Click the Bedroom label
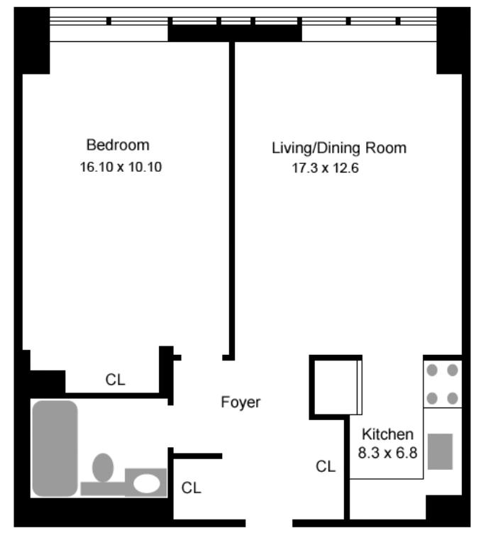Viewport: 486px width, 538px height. click(118, 145)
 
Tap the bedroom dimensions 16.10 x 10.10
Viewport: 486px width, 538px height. click(121, 167)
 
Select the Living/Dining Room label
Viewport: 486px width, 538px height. click(339, 148)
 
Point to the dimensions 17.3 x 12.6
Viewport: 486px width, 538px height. click(325, 168)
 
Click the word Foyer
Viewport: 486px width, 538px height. click(241, 402)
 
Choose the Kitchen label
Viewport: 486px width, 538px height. click(387, 434)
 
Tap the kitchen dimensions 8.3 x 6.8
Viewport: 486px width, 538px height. click(387, 453)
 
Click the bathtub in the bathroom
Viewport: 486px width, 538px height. click(55, 449)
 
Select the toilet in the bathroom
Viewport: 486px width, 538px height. click(103, 468)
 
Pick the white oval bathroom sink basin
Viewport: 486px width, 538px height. click(146, 483)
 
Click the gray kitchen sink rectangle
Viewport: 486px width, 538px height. click(440, 451)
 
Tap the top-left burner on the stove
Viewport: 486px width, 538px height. click(432, 370)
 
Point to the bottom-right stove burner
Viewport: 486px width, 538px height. click(453, 398)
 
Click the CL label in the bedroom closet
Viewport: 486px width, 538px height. click(115, 380)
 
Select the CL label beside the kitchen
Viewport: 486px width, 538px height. click(326, 466)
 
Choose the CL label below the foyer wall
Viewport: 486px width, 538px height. click(191, 488)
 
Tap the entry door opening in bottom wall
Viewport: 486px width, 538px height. click(269, 523)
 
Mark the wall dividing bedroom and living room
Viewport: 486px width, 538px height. click(232, 201)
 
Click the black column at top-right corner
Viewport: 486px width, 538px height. click(453, 40)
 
